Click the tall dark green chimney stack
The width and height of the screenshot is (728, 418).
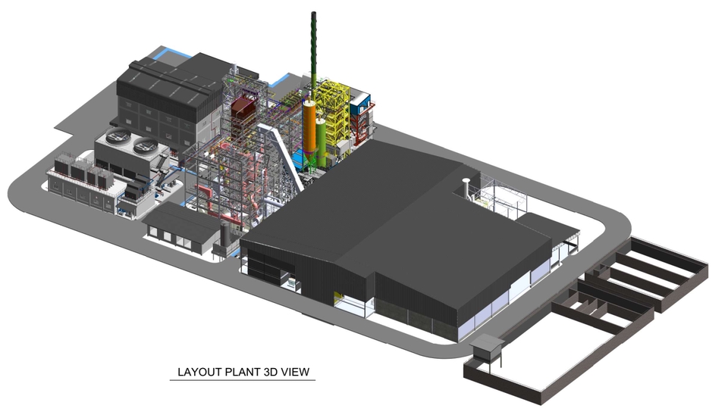click(314, 51)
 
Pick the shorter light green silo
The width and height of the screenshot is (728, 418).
click(321, 139)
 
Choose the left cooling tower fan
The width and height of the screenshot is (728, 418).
click(118, 136)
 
